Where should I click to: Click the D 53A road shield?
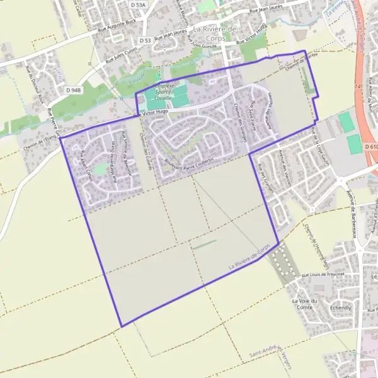coord(138,5)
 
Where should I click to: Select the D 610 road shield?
coord(371,146)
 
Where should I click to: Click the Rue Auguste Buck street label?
coord(117,29)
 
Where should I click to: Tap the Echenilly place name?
coord(340,308)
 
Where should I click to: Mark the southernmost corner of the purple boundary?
coord(120,326)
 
